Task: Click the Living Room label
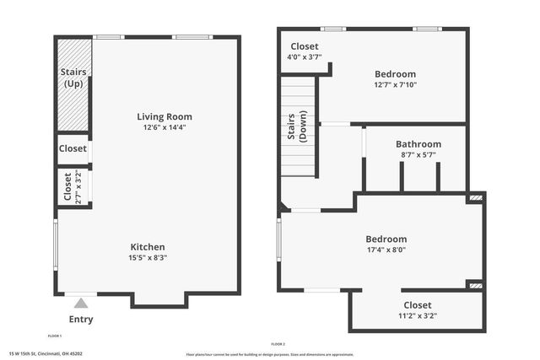click(x=165, y=116)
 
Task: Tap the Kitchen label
click(x=148, y=247)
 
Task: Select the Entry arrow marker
click(x=81, y=303)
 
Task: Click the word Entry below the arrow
click(x=81, y=320)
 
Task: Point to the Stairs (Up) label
click(x=73, y=78)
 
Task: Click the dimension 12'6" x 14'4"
click(x=165, y=127)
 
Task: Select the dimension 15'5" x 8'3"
click(x=148, y=258)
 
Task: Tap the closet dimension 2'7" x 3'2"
click(x=79, y=188)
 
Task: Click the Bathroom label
click(x=418, y=144)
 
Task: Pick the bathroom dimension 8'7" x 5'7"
click(x=418, y=155)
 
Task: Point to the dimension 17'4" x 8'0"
click(x=386, y=250)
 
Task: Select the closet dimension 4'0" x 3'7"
click(x=305, y=58)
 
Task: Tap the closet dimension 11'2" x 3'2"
click(x=417, y=316)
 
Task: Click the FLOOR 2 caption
click(x=278, y=344)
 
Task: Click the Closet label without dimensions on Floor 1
click(x=73, y=148)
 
